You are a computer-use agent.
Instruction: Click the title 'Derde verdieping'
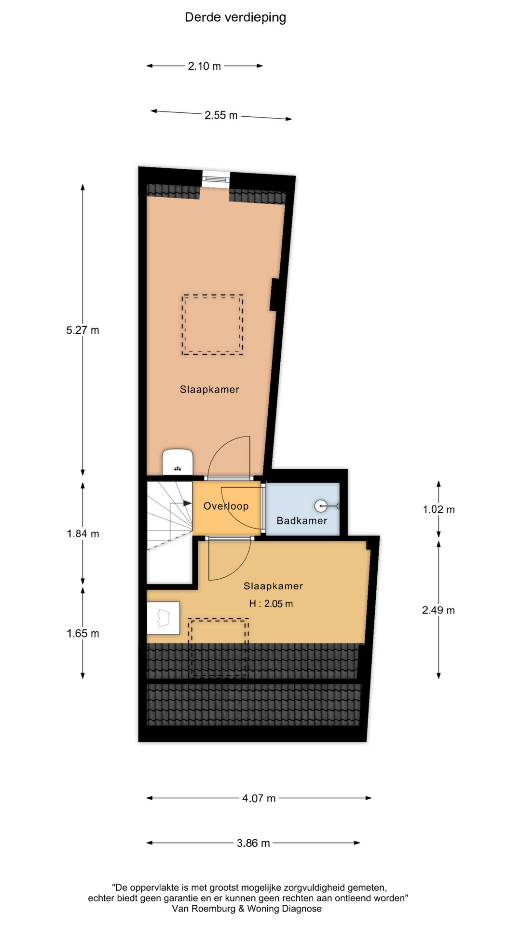[235, 18]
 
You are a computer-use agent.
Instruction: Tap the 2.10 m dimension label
[205, 66]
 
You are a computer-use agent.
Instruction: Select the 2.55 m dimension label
[221, 115]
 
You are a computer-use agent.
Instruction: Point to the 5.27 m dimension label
[82, 330]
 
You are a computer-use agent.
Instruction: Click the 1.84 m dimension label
[82, 534]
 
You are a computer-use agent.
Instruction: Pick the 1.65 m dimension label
[82, 634]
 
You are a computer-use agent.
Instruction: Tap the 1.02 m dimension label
[439, 510]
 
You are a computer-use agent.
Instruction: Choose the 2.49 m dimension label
[439, 611]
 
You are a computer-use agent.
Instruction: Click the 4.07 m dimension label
[259, 799]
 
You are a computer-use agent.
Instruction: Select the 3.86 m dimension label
[253, 844]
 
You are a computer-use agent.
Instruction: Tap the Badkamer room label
[302, 521]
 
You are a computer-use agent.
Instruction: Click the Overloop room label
[226, 506]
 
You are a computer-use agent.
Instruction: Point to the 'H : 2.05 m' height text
[271, 604]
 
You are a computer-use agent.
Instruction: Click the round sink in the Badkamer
[320, 506]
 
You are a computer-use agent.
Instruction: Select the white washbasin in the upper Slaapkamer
[178, 462]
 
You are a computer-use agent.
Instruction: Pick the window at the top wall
[215, 177]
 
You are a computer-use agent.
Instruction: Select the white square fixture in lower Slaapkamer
[163, 618]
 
